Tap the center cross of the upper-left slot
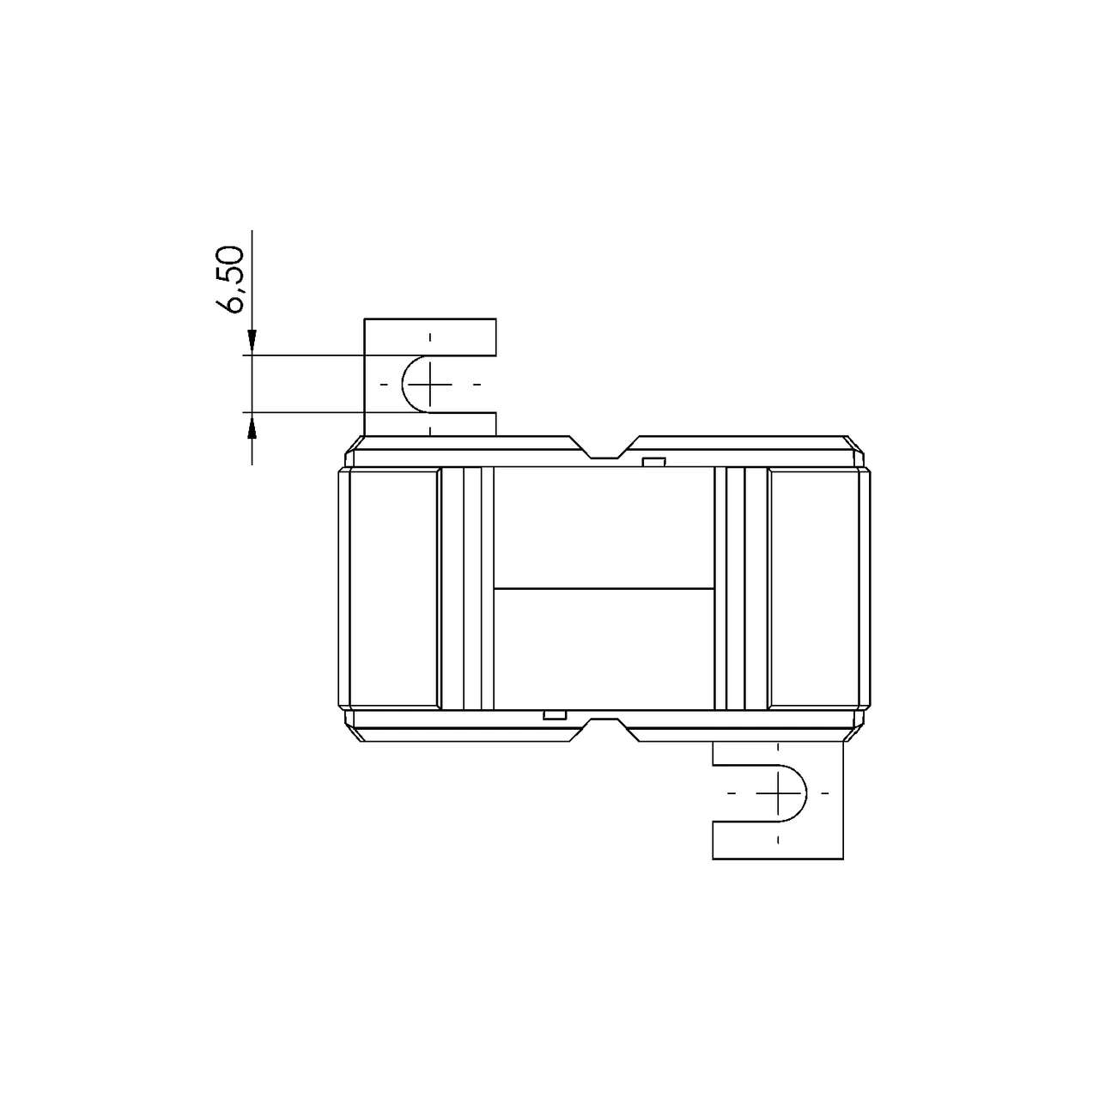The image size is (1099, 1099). (431, 384)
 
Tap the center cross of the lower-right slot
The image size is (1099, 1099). (779, 792)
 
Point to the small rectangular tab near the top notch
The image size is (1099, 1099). (654, 463)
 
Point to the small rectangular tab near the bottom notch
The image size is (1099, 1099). (555, 714)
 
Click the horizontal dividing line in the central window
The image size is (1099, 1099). (604, 588)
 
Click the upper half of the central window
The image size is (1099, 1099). (604, 528)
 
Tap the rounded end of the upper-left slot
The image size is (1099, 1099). (405, 384)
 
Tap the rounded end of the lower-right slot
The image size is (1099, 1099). (805, 792)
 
